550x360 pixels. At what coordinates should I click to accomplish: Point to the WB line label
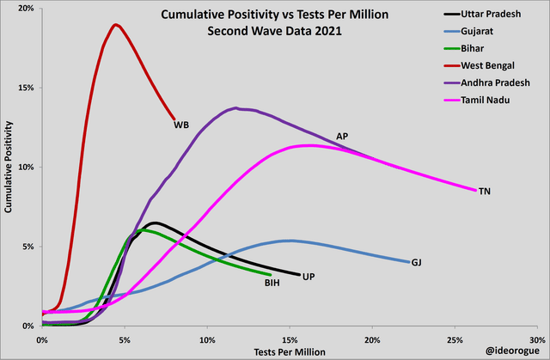point(181,125)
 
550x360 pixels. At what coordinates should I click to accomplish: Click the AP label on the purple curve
point(342,136)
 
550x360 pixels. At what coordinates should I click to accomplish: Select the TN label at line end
point(486,191)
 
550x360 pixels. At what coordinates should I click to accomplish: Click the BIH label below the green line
point(272,281)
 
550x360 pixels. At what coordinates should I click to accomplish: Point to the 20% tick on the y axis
point(26,9)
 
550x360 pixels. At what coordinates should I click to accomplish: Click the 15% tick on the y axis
point(26,88)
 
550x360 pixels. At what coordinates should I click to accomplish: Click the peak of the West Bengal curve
point(115,24)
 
